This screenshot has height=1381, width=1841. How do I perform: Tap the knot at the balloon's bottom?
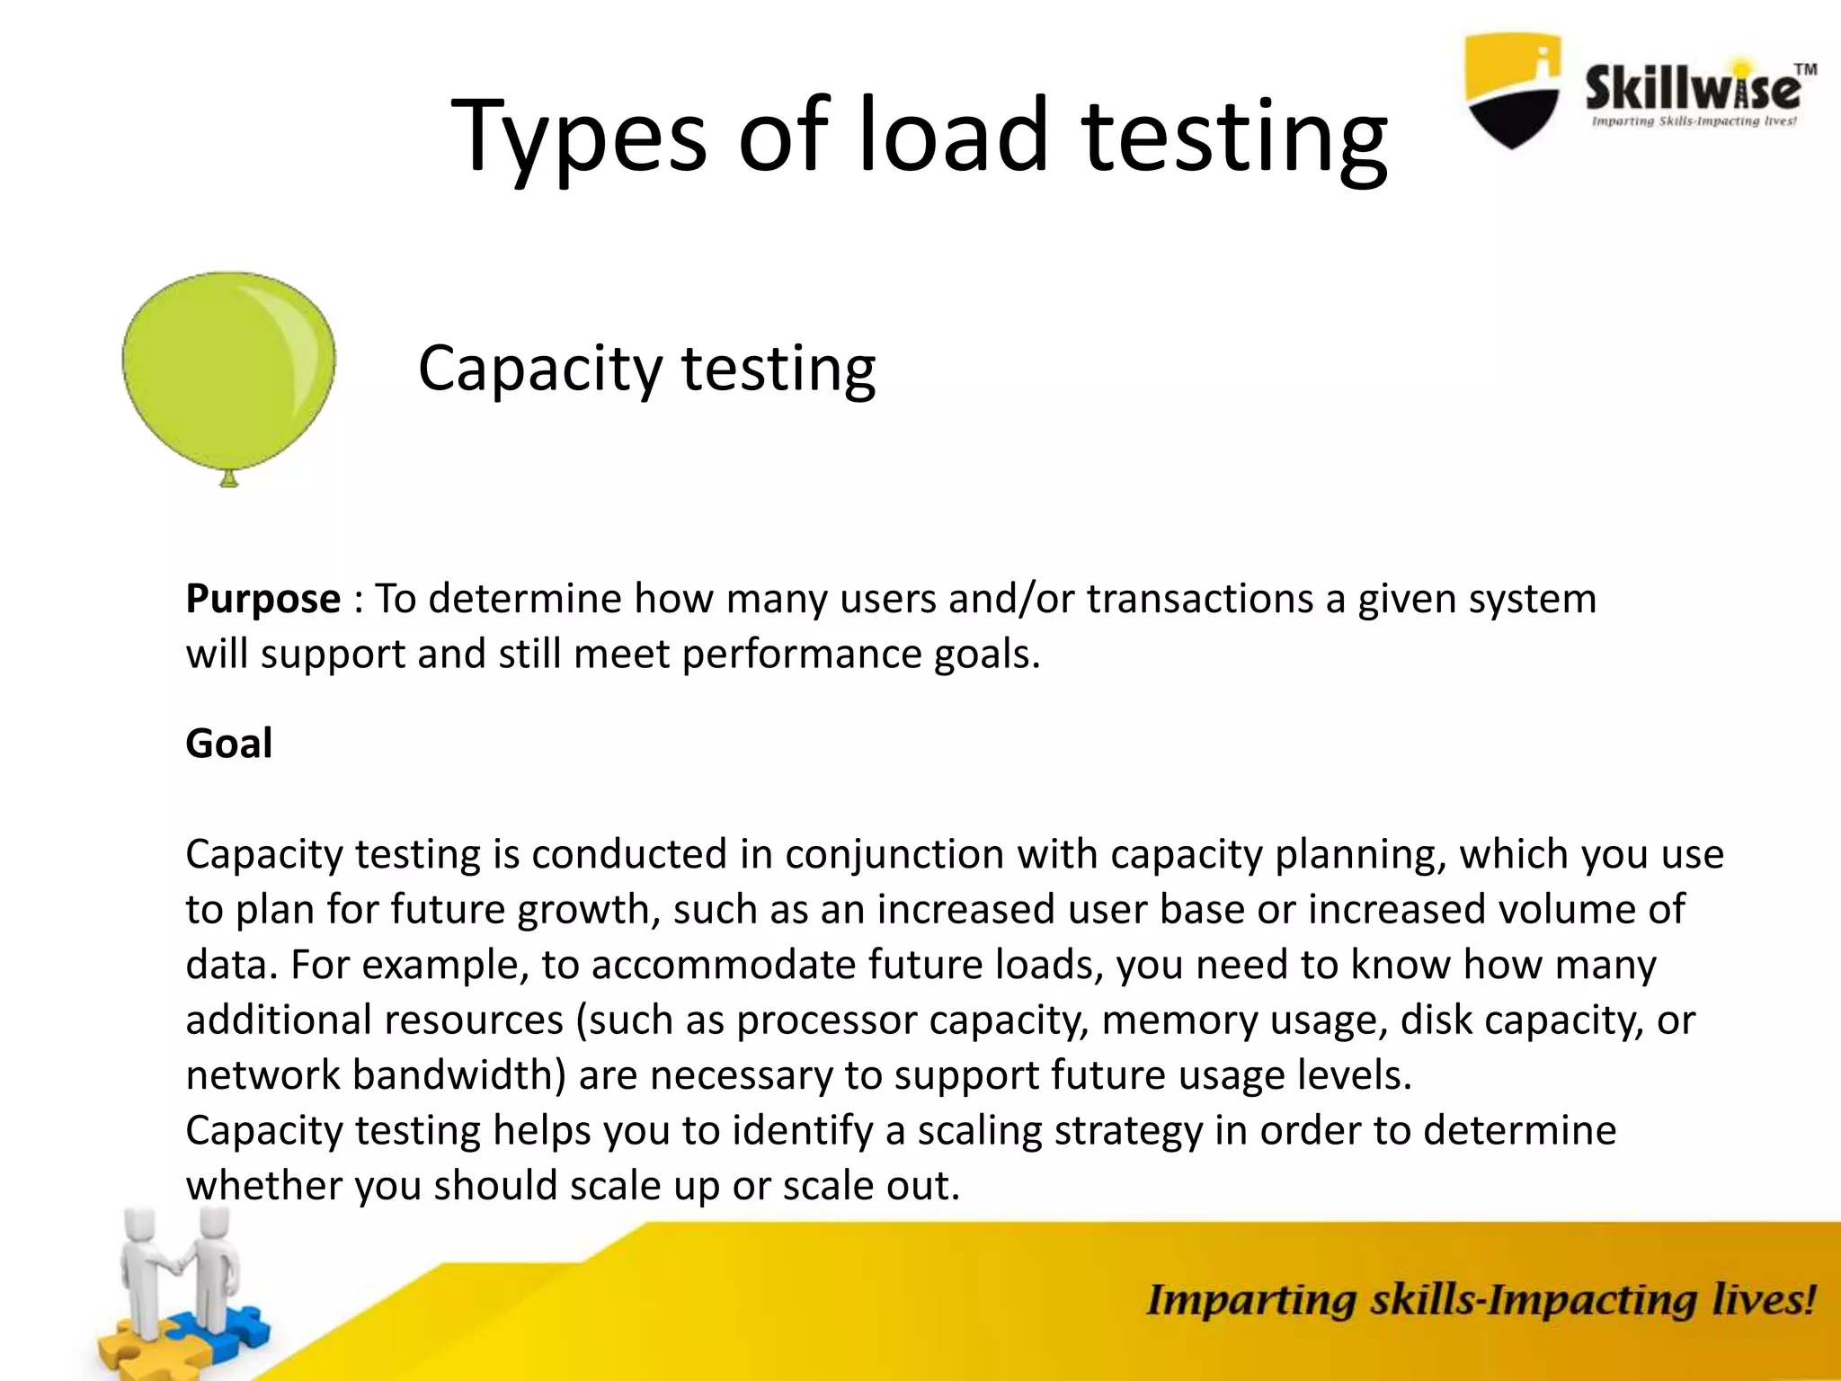(x=229, y=479)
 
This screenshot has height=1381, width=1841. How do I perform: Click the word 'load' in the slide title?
(x=954, y=137)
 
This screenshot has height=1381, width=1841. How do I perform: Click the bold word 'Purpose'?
(x=262, y=599)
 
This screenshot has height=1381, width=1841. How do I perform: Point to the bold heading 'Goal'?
(x=228, y=744)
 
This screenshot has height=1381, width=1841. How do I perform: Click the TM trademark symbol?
(x=1805, y=68)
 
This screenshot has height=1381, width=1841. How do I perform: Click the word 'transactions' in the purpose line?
(x=1200, y=599)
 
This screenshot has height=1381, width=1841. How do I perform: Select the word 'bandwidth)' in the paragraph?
(x=458, y=1075)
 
